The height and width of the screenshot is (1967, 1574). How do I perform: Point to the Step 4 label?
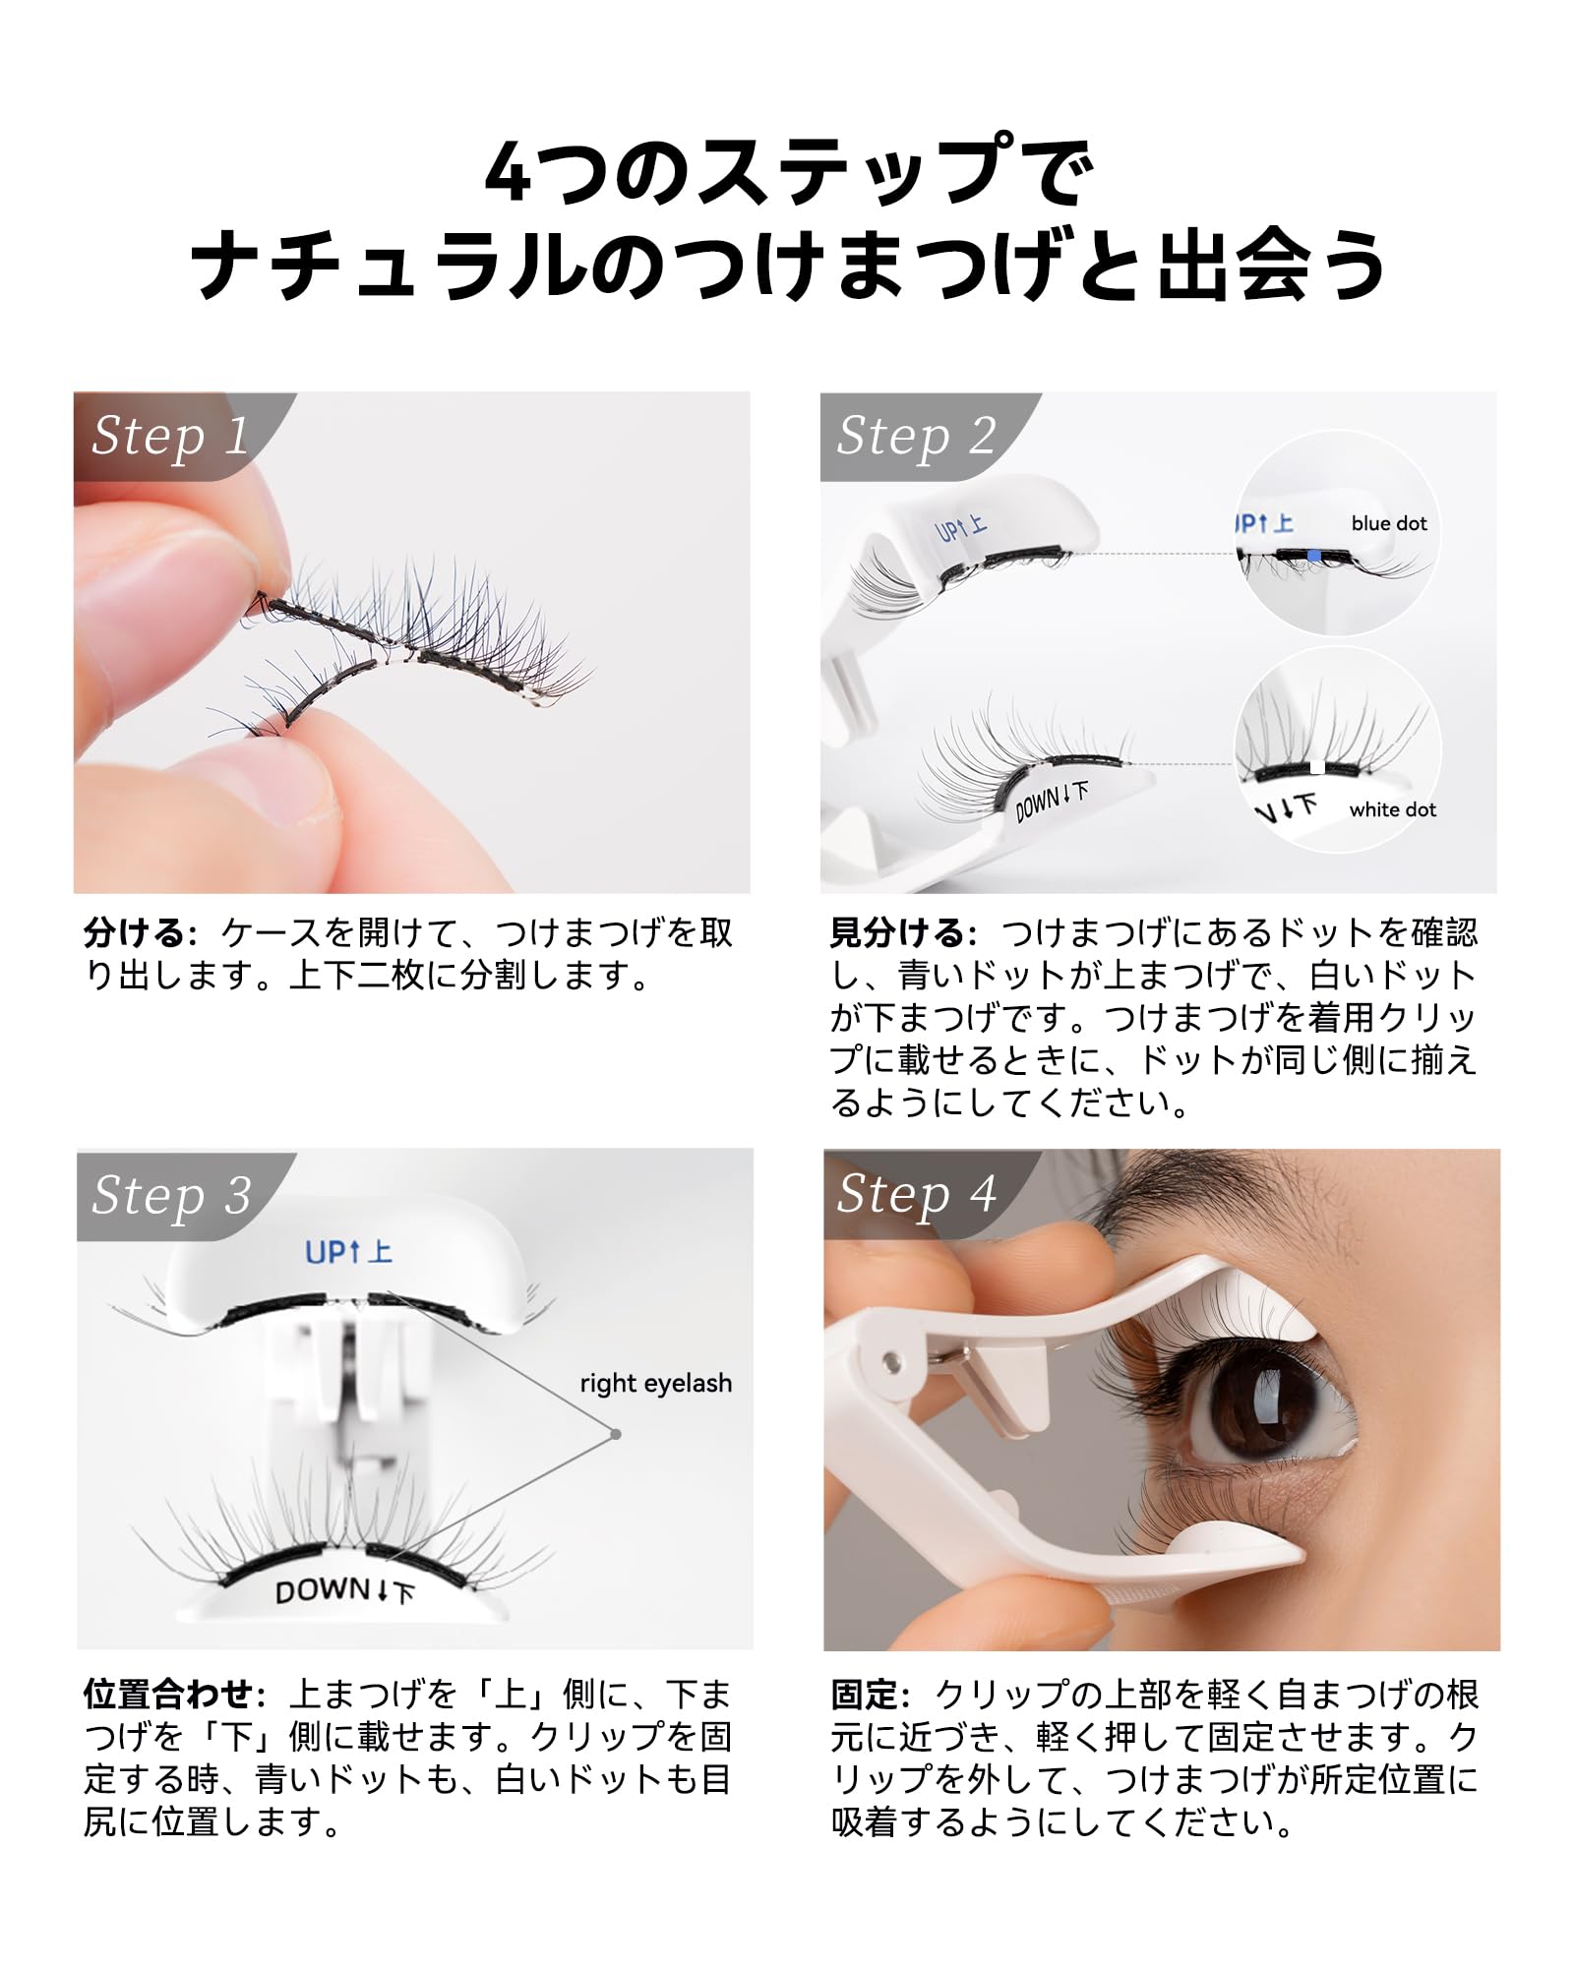click(916, 1194)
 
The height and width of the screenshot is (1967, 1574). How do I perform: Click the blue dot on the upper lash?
click(1314, 556)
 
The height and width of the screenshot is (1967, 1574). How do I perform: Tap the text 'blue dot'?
click(1388, 524)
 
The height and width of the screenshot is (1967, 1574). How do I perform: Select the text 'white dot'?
click(1392, 810)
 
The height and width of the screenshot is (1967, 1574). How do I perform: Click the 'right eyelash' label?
click(655, 1383)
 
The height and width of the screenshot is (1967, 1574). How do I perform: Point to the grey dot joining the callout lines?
click(616, 1434)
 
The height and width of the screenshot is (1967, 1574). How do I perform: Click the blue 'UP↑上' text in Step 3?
click(348, 1253)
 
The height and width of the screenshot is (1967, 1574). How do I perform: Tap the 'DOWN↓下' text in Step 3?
click(344, 1591)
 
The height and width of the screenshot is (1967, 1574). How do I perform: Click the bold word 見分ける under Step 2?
click(896, 932)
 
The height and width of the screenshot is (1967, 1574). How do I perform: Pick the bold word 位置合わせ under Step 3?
click(168, 1694)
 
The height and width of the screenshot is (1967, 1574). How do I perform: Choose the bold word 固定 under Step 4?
click(865, 1694)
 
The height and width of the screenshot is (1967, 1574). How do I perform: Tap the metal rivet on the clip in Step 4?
click(892, 1362)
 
